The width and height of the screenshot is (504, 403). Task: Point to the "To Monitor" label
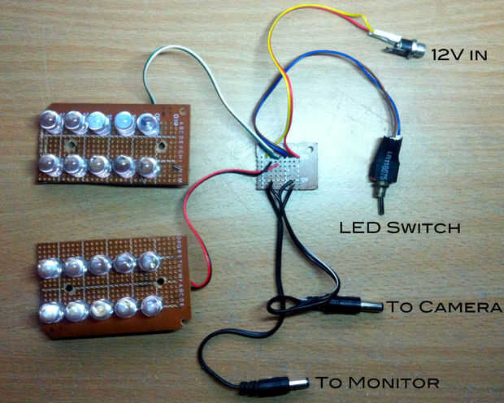tap(377, 382)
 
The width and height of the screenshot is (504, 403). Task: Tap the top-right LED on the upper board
tap(149, 123)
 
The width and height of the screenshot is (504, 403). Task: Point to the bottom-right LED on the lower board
tap(151, 307)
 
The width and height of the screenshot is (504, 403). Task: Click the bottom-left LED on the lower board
tap(51, 312)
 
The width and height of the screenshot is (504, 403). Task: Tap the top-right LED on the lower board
tap(149, 262)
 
